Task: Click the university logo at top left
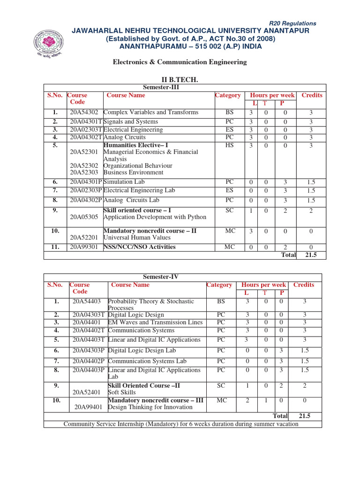(x=49, y=42)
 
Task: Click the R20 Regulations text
(x=292, y=23)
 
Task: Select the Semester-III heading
(x=161, y=87)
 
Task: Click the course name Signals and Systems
(x=130, y=122)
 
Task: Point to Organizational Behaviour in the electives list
(x=137, y=166)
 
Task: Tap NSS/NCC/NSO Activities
(x=139, y=247)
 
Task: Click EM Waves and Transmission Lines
(x=155, y=322)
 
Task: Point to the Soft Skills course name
(x=122, y=392)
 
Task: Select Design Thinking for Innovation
(x=150, y=407)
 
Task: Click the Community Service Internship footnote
(x=181, y=424)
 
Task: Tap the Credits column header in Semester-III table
(x=312, y=95)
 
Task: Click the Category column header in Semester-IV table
(x=219, y=285)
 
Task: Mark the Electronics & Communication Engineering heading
(x=180, y=62)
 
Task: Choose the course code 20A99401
(x=89, y=407)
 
